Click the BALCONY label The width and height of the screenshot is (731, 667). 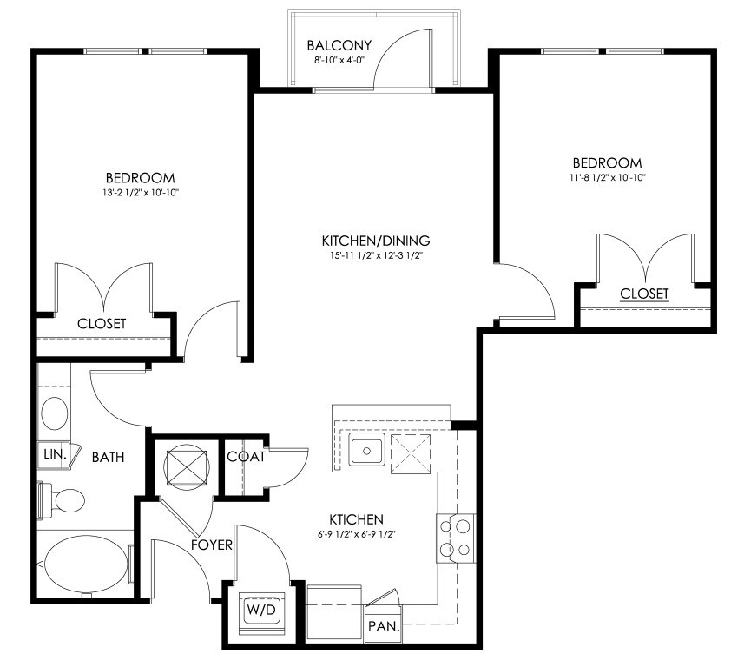(x=339, y=45)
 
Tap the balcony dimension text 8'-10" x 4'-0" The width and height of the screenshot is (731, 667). (x=339, y=60)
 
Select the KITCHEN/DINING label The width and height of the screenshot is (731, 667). (x=376, y=241)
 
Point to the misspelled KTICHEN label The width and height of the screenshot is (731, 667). (x=356, y=519)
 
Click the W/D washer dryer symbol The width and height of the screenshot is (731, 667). (x=261, y=610)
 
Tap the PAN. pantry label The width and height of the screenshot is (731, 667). (x=384, y=626)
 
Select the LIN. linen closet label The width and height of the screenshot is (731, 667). (x=55, y=454)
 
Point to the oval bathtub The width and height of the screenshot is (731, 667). (x=87, y=565)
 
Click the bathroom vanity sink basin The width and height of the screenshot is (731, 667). (x=55, y=413)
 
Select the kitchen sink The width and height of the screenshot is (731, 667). (x=367, y=450)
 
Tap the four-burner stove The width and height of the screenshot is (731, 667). (x=456, y=538)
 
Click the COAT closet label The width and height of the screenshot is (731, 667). (x=246, y=457)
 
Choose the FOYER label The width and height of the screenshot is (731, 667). (x=212, y=545)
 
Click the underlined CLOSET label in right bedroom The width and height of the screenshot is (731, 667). (x=644, y=294)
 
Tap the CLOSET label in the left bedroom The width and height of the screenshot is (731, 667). (x=102, y=323)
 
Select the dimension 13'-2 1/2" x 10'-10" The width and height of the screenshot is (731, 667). (x=141, y=192)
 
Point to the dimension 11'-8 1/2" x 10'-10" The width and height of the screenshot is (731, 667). (x=607, y=177)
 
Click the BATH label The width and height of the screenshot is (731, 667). (x=109, y=457)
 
